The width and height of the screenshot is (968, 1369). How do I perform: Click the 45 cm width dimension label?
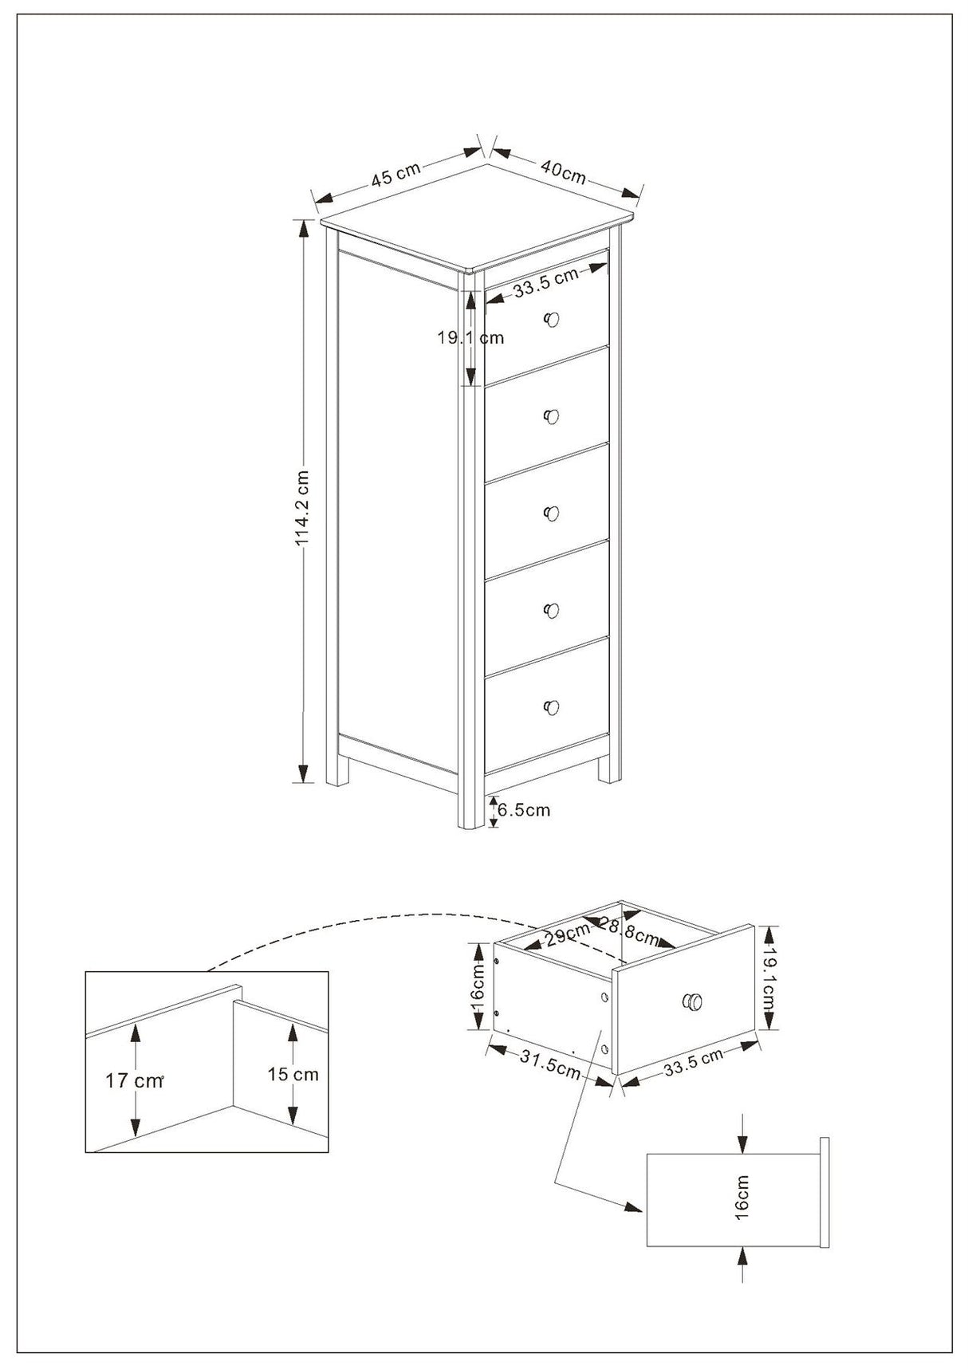tap(395, 175)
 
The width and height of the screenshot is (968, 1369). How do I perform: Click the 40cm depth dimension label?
tap(564, 171)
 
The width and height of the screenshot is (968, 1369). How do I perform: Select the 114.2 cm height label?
tap(302, 508)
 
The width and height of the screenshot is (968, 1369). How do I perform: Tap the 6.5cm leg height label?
tap(524, 810)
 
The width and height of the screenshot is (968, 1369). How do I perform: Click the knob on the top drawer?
tap(551, 320)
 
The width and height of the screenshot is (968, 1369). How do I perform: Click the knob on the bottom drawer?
tap(551, 707)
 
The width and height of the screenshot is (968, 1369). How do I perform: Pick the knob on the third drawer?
tap(551, 513)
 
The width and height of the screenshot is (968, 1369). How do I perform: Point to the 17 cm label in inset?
tap(133, 1081)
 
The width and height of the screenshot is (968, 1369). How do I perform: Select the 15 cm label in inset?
tap(293, 1074)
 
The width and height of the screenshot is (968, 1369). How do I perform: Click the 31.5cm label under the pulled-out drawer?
tap(550, 1064)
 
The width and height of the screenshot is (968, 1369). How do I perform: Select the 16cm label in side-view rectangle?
tap(742, 1197)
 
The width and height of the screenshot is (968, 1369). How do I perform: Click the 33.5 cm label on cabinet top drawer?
tap(546, 283)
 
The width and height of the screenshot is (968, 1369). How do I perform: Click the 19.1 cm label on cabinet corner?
tap(470, 337)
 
